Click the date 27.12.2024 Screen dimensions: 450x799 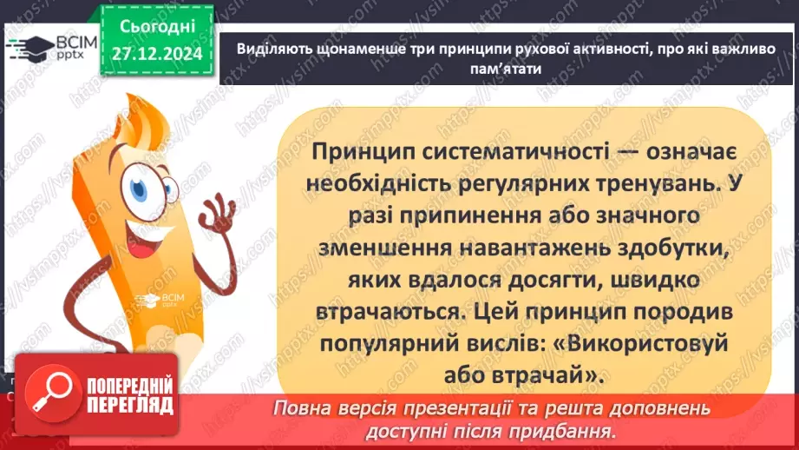point(156,54)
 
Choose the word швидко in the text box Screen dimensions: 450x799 point(622,278)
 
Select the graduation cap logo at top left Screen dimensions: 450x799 point(26,48)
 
